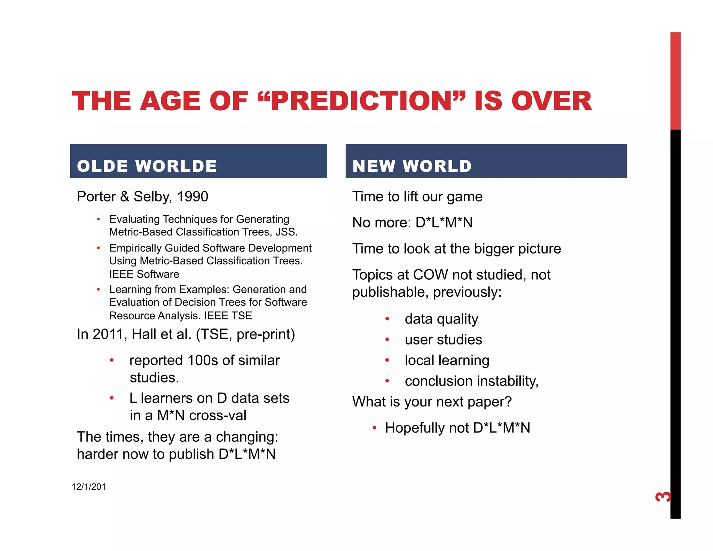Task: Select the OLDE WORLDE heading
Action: [147, 166]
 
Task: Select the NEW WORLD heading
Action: [412, 166]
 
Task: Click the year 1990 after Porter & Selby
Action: [192, 196]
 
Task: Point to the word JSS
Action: [286, 232]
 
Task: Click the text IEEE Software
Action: [144, 274]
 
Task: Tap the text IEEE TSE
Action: [228, 316]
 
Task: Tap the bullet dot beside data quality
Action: [387, 319]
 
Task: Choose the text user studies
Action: [443, 340]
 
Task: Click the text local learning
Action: [447, 360]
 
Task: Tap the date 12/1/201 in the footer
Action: [88, 487]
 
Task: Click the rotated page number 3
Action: [662, 497]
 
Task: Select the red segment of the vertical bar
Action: [675, 81]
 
